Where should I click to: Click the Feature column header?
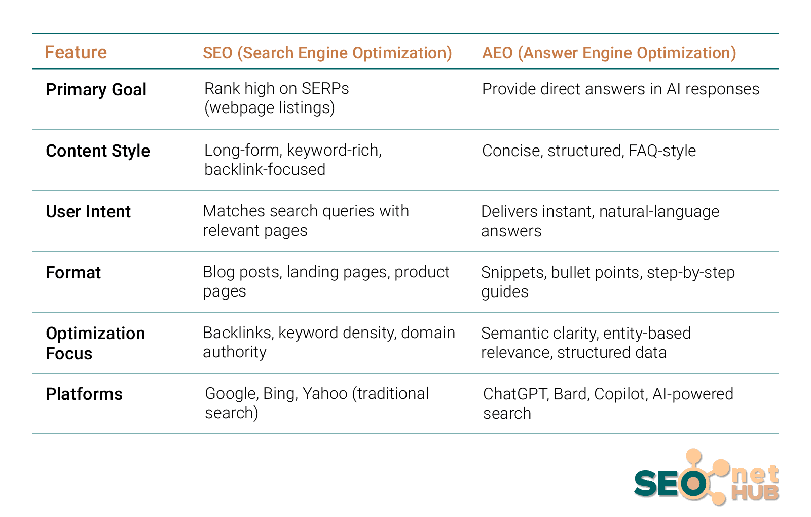click(x=76, y=52)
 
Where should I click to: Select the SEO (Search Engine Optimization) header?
click(x=327, y=53)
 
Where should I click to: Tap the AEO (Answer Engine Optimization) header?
click(x=609, y=53)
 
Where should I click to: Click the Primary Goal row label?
click(x=96, y=89)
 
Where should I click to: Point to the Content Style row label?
click(x=98, y=151)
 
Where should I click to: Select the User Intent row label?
click(x=88, y=212)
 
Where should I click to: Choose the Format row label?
click(x=73, y=273)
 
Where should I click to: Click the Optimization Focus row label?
click(x=95, y=343)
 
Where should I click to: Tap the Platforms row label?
click(x=84, y=394)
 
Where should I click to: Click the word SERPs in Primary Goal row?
click(x=325, y=88)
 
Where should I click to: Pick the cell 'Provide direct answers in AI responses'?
click(x=620, y=89)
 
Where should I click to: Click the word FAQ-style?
click(x=662, y=151)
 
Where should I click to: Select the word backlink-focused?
click(x=265, y=169)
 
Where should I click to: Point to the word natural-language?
click(x=659, y=212)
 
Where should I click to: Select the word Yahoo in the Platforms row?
click(x=325, y=393)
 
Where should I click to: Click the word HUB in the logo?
click(x=755, y=492)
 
